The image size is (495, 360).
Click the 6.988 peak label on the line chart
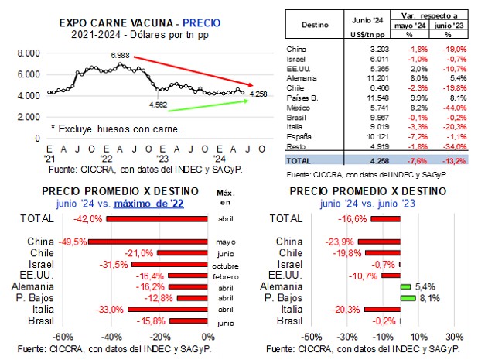120,57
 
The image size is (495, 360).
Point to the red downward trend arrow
193,70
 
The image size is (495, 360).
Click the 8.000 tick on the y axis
29,53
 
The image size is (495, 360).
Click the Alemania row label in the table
302,77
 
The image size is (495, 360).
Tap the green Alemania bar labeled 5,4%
405,286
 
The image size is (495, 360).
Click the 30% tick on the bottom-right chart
455,336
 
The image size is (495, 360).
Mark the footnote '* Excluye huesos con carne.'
104,128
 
